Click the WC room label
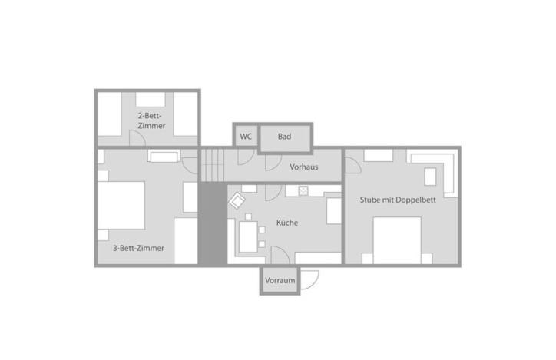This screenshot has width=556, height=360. coord(246,137)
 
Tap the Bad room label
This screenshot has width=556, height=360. coord(284,137)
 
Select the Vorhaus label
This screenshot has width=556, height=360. coord(304,167)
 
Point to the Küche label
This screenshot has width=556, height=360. coord(287,223)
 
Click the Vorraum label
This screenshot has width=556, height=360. coord(280,281)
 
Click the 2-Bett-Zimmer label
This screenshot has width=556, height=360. coord(151,120)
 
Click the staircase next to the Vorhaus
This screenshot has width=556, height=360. coord(213,164)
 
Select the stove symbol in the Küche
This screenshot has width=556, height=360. coord(303,190)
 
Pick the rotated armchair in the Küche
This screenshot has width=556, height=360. coord(237,203)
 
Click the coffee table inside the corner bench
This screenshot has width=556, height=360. coord(430,177)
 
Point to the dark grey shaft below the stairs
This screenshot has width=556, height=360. coord(212,224)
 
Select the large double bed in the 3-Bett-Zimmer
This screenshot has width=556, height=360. coord(121,205)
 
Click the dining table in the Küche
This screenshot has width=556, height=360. coord(248,236)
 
